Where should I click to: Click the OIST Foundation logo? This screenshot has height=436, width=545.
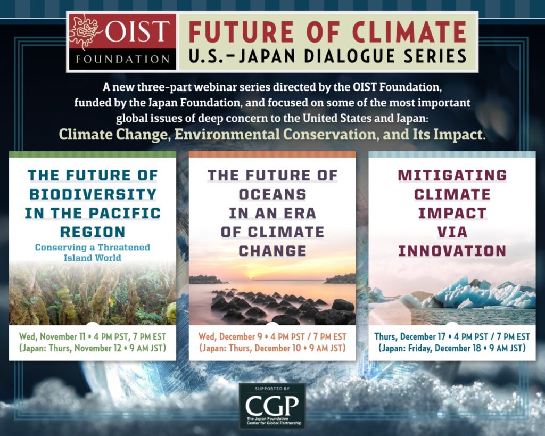122,42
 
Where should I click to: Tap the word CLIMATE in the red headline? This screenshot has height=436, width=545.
409,31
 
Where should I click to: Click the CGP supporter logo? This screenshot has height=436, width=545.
272,406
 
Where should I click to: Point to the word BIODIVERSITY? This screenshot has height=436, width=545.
93,194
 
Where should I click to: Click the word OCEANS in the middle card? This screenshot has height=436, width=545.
272,194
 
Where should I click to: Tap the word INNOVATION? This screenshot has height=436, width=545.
452,251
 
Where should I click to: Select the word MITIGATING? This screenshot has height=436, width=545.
452,175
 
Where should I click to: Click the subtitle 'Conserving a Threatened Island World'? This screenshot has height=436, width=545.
93,252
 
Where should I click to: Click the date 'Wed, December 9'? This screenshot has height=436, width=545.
226,336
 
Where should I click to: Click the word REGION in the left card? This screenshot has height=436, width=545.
93,232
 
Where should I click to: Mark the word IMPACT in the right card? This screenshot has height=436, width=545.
452,213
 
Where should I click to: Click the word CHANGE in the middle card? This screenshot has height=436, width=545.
272,251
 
